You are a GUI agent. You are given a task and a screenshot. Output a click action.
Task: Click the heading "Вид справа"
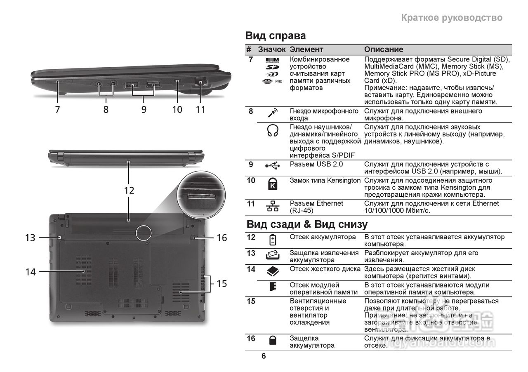[x=276, y=36]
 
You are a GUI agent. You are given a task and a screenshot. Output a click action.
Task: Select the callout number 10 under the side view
[x=177, y=109]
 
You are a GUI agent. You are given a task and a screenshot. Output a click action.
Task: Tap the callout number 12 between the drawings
[x=129, y=190]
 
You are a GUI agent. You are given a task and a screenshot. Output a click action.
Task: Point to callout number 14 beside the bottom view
[x=31, y=272]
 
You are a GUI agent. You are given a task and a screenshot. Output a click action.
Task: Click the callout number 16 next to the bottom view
[x=222, y=238]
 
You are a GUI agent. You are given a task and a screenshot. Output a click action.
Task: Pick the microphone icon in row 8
[x=273, y=113]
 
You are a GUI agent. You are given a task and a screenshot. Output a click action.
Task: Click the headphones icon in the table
[x=273, y=131]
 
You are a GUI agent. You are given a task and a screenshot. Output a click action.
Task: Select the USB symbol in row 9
[x=273, y=165]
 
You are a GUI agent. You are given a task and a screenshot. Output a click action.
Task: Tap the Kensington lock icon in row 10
[x=273, y=184]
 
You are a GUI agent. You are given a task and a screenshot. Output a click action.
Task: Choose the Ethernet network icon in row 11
[x=273, y=206]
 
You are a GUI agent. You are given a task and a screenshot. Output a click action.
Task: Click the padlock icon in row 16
[x=273, y=340]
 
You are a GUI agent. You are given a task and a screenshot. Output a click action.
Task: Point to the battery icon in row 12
[x=273, y=240]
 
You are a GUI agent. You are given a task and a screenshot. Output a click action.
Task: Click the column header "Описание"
[x=383, y=49]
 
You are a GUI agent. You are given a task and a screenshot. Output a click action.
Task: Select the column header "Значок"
[x=272, y=49]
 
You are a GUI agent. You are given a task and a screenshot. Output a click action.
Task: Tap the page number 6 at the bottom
[x=264, y=356]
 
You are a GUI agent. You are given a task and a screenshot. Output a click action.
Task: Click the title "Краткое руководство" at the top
[x=452, y=18]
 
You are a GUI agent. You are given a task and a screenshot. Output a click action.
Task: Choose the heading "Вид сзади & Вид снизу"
[x=307, y=225]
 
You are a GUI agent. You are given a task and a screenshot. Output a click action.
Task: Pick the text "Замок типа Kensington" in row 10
[x=325, y=181]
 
